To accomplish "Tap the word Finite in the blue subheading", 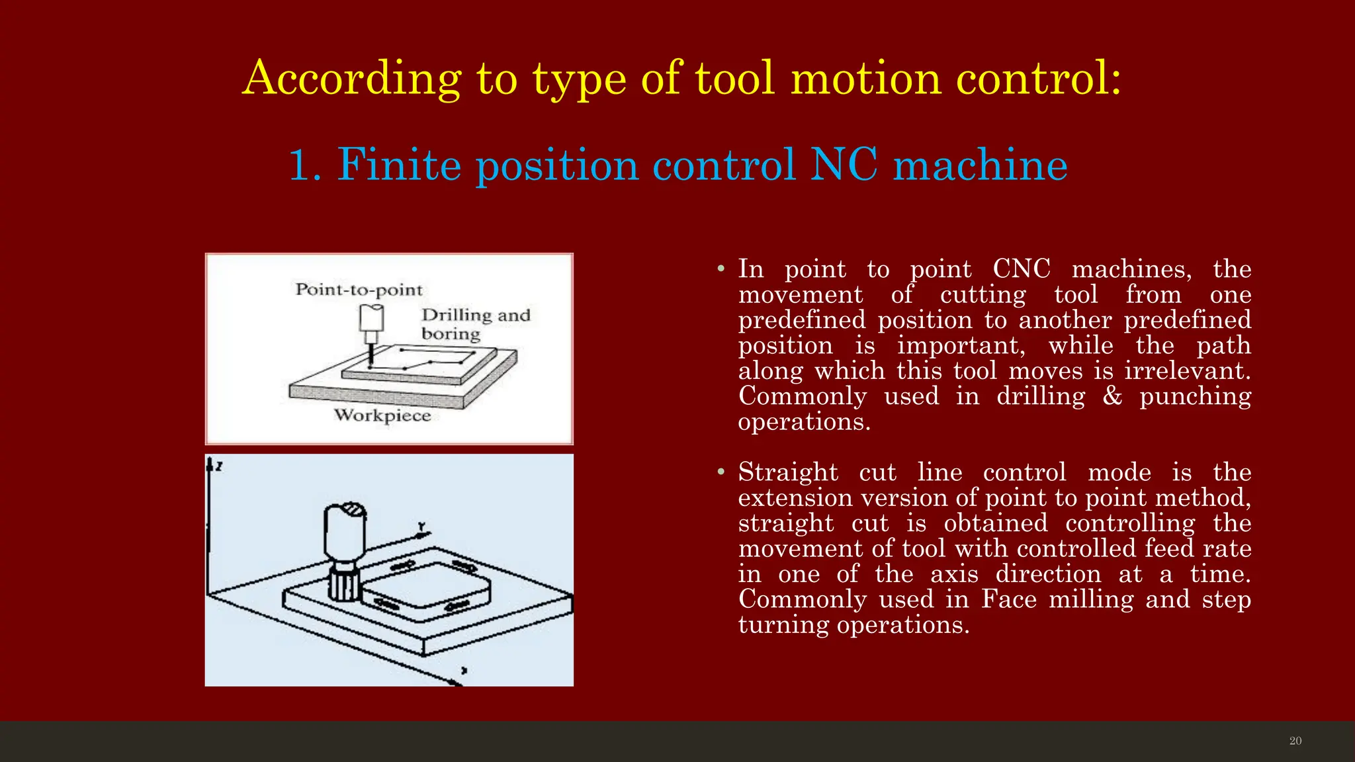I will pyautogui.click(x=399, y=165).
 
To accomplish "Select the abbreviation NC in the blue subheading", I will pyautogui.click(x=844, y=165).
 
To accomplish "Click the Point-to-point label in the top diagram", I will pyautogui.click(x=359, y=290).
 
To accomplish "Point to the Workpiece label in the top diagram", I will pyautogui.click(x=382, y=415).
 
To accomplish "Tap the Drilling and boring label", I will pyautogui.click(x=475, y=324).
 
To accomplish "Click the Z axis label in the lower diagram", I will pyautogui.click(x=219, y=466).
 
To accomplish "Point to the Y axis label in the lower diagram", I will pyautogui.click(x=421, y=527).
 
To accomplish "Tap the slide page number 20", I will pyautogui.click(x=1295, y=741).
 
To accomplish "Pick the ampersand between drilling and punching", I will pyautogui.click(x=1112, y=396).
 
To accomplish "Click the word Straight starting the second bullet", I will pyautogui.click(x=788, y=472).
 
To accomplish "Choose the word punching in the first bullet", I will pyautogui.click(x=1195, y=397).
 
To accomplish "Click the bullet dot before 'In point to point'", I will pyautogui.click(x=721, y=269).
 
